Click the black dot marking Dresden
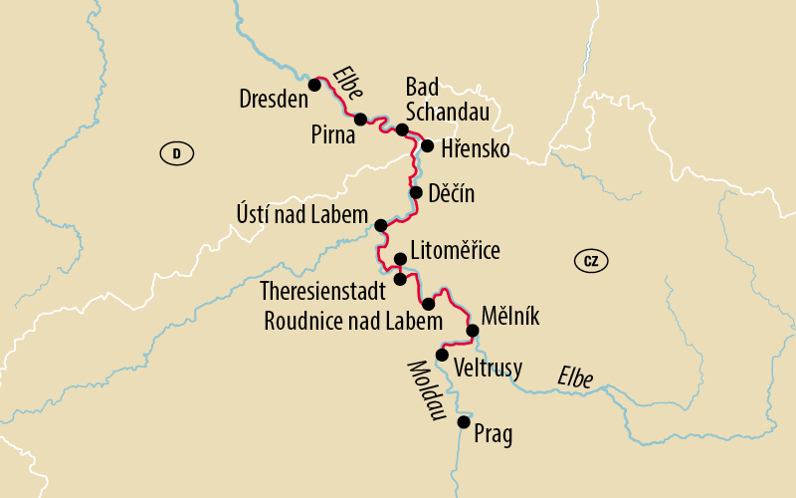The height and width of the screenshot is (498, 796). pos(314,85)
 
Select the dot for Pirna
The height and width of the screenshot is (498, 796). pos(361,119)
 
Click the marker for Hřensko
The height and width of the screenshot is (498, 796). pos(427,146)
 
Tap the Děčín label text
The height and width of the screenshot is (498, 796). pos(451,194)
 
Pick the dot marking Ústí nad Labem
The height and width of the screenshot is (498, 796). pos(380,225)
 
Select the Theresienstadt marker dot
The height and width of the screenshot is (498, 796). pos(400,279)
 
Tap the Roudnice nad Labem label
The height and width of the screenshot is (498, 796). pos(352,322)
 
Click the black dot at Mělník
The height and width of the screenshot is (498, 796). pos(473,332)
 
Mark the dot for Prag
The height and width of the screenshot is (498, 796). pos(464,422)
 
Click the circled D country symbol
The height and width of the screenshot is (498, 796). pos(176,153)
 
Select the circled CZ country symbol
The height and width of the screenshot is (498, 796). pos(591,261)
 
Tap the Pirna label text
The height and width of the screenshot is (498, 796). pos(331,136)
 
